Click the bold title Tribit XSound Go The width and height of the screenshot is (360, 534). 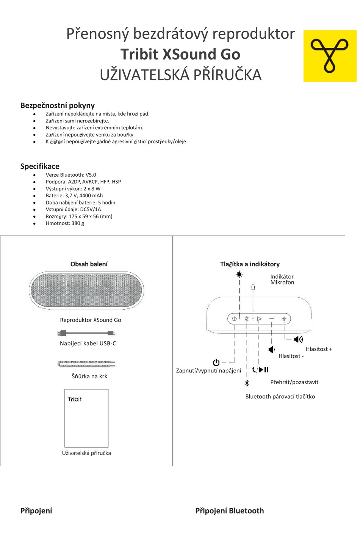point(180,54)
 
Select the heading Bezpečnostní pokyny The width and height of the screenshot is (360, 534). point(57,105)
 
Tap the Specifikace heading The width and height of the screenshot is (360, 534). point(40,166)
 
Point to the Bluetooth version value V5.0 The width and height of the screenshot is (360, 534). point(91,175)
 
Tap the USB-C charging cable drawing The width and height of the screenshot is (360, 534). point(86,333)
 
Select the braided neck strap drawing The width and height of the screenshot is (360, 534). point(86,364)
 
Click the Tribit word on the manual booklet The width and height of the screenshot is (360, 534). point(75,399)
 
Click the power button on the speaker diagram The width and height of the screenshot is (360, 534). point(234,319)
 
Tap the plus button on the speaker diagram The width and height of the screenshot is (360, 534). point(284,319)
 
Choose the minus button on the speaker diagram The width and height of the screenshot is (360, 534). point(271,319)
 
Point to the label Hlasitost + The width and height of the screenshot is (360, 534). point(319,349)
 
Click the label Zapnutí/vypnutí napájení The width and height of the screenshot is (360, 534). point(208,371)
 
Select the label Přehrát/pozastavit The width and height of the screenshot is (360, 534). point(294,382)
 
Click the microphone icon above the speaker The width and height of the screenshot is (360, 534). point(253,288)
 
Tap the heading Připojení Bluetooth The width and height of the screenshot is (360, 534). point(229,511)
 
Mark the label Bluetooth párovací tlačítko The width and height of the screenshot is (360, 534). point(280,397)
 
